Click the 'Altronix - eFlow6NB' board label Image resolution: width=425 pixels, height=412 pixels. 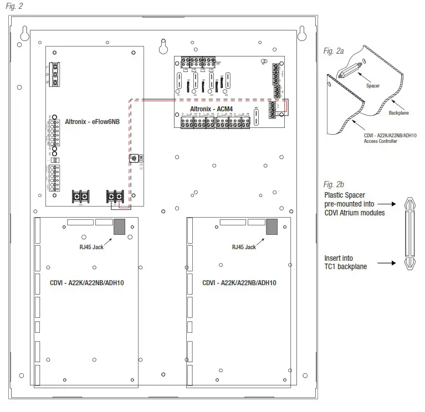pyautogui.click(x=84, y=120)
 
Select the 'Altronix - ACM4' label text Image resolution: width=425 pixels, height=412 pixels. pyautogui.click(x=214, y=109)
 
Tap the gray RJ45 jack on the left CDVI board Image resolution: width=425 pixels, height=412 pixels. pyautogui.click(x=120, y=226)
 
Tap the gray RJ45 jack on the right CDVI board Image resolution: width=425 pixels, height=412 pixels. pyautogui.click(x=272, y=226)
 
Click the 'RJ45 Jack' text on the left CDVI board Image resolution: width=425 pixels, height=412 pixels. pyautogui.click(x=91, y=247)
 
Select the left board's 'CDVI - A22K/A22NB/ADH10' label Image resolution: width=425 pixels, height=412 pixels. pyautogui.click(x=87, y=282)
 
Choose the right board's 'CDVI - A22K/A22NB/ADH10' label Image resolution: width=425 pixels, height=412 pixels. pyautogui.click(x=239, y=282)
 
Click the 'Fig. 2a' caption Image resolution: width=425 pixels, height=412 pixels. pyautogui.click(x=333, y=50)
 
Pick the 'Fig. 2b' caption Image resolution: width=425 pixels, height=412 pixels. pyautogui.click(x=333, y=184)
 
